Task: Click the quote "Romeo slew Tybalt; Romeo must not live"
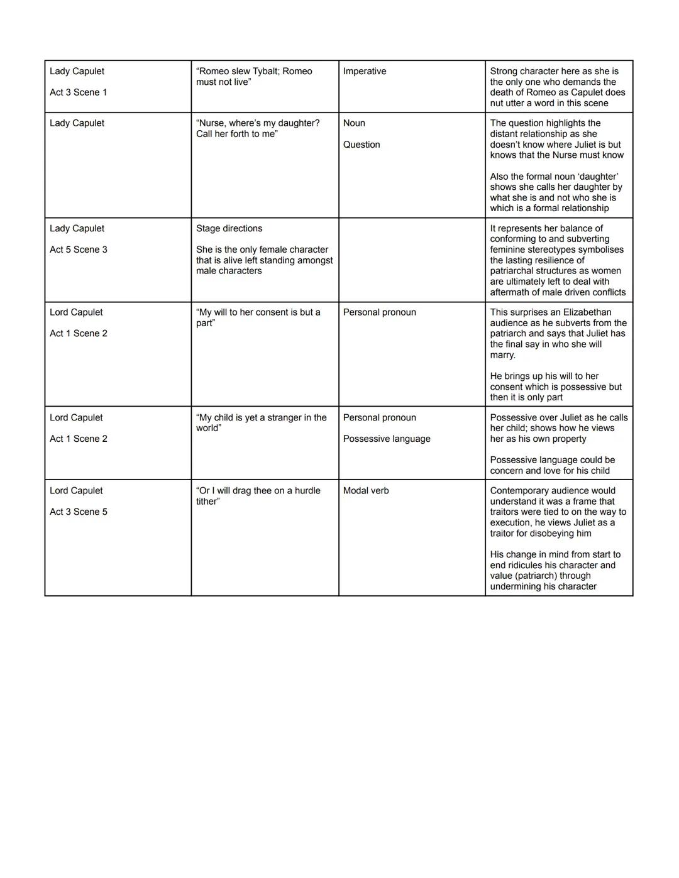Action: tap(254, 77)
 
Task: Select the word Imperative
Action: tap(365, 72)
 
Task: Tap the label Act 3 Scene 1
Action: tap(79, 92)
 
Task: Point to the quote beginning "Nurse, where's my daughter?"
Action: tap(258, 128)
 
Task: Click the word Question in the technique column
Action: tap(362, 145)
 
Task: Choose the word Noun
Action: tap(354, 123)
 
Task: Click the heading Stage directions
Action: tap(229, 229)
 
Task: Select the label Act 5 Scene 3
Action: tap(79, 250)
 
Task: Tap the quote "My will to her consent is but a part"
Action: tap(258, 317)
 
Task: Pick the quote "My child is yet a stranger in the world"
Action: tap(261, 422)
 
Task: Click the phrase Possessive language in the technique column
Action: tap(387, 439)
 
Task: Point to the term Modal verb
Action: tap(366, 491)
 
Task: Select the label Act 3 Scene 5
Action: tap(79, 512)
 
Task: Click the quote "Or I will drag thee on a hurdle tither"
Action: tap(258, 496)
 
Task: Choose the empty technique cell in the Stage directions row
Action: tap(412, 260)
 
